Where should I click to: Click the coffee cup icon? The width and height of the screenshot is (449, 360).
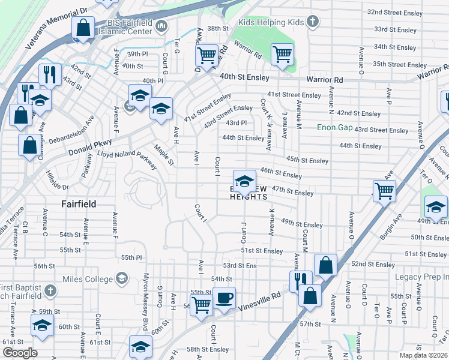(x=224, y=298)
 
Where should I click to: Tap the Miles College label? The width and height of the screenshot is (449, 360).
(x=88, y=279)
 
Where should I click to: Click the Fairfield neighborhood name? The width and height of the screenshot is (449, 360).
(x=79, y=204)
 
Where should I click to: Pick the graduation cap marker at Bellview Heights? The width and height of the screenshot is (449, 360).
(x=244, y=181)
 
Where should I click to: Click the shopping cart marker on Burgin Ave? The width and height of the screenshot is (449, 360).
(x=384, y=191)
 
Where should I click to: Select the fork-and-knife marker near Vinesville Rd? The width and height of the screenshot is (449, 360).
(x=301, y=280)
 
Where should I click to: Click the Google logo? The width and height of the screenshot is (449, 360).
(x=19, y=352)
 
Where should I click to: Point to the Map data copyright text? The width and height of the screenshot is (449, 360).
(x=424, y=355)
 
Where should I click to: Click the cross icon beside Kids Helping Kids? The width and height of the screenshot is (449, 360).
(x=311, y=22)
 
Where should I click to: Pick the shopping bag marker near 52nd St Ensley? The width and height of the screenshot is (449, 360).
(x=325, y=265)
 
